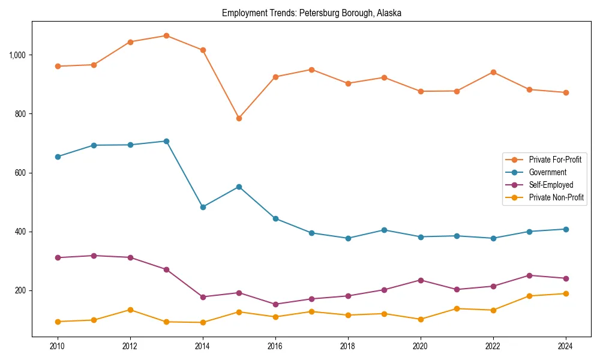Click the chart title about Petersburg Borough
[311, 13]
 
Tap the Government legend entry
[547, 172]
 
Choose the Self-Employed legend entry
[551, 185]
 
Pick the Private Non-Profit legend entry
[556, 197]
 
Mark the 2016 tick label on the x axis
[275, 346]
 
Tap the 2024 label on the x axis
[565, 346]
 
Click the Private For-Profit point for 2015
[239, 118]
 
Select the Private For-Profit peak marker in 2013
[166, 35]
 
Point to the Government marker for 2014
[203, 207]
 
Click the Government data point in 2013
[166, 141]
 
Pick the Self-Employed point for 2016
[275, 304]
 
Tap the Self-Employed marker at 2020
[420, 280]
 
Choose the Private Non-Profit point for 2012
[130, 310]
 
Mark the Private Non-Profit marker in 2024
[565, 293]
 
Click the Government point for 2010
[58, 157]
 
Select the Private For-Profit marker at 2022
[493, 72]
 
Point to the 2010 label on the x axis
[58, 346]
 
